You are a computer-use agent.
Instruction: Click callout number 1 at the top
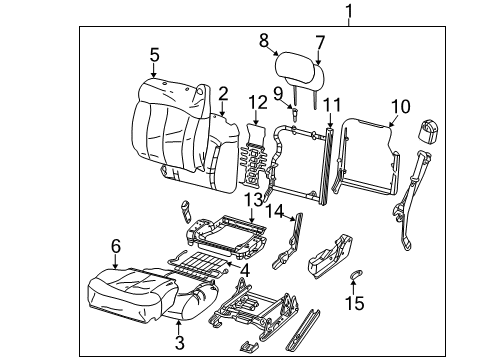tap(349, 12)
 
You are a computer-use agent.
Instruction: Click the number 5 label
tap(154, 55)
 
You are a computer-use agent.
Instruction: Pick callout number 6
tap(116, 246)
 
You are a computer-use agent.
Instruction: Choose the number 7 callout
tap(320, 41)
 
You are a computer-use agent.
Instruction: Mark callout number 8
tap(264, 41)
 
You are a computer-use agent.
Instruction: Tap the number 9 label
tap(278, 94)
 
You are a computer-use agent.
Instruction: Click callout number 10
tap(400, 105)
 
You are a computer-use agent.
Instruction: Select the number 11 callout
tap(331, 104)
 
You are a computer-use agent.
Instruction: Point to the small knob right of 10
tap(430, 129)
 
